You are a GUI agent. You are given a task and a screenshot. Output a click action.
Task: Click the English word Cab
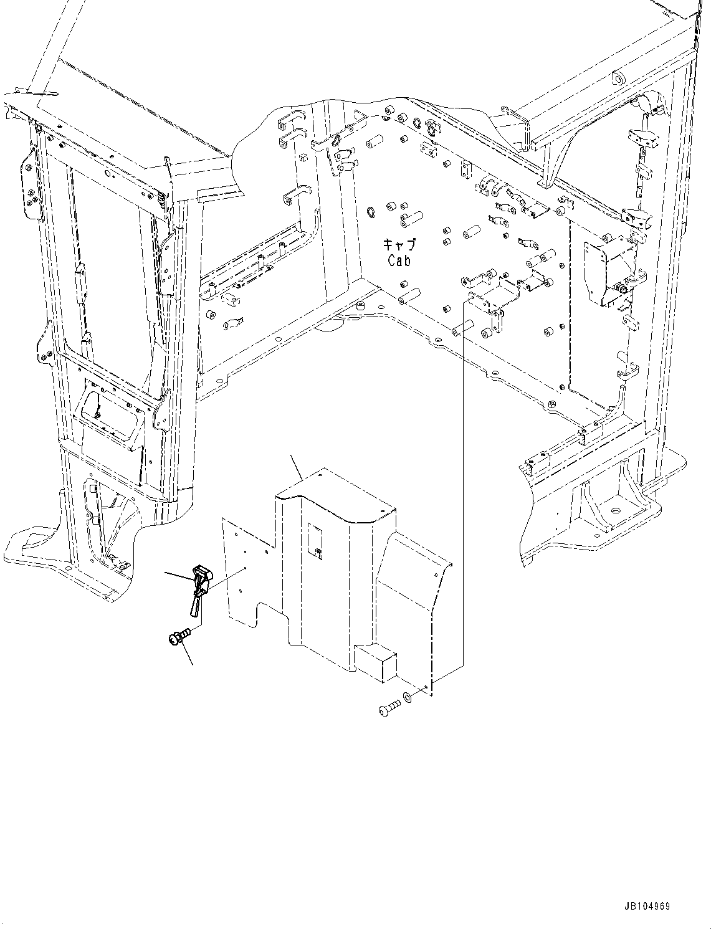pyautogui.click(x=399, y=260)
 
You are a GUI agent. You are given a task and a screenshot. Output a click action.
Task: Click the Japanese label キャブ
pyautogui.click(x=399, y=245)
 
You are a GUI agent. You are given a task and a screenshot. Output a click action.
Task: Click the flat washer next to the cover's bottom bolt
pyautogui.click(x=407, y=695)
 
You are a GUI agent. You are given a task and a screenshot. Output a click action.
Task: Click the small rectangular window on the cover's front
pyautogui.click(x=315, y=540)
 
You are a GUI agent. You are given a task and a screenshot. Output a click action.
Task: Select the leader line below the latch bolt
pyautogui.click(x=187, y=655)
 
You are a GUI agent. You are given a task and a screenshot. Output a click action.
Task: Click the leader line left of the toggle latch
pyautogui.click(x=178, y=575)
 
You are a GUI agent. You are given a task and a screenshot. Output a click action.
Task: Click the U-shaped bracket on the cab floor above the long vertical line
pyautogui.click(x=492, y=297)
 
